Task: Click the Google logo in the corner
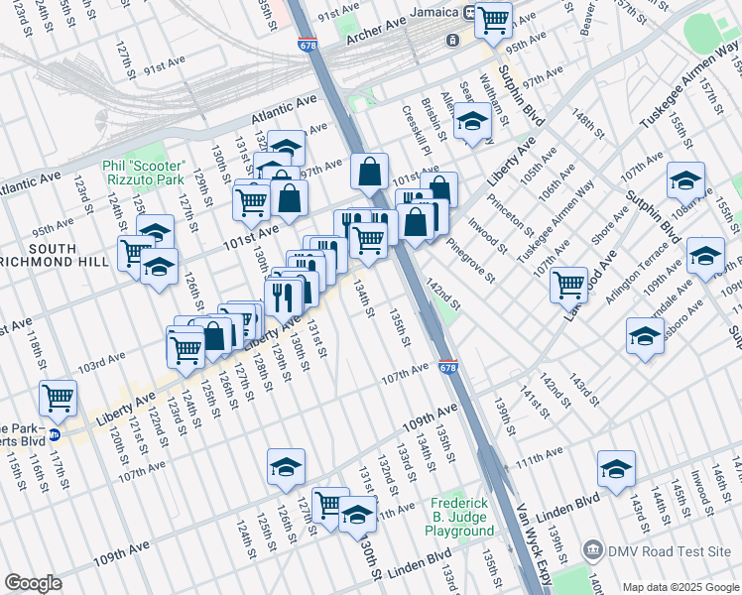(33, 583)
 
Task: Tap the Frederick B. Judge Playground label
(459, 518)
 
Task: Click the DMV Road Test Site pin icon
(593, 549)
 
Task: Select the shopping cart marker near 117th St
(59, 398)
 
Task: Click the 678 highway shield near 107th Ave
(448, 367)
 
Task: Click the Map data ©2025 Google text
(680, 587)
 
